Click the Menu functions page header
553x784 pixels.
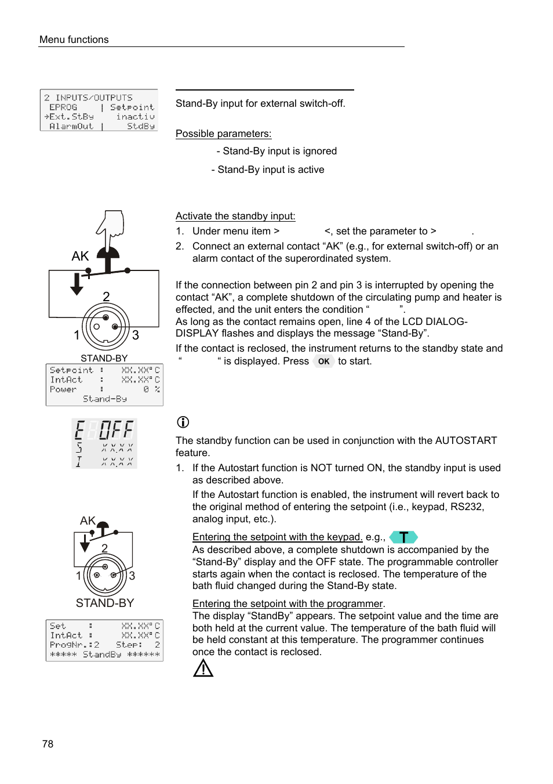pos(74,39)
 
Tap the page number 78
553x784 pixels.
pos(48,744)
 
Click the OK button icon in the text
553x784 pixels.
pos(323,362)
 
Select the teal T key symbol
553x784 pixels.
pos(403,537)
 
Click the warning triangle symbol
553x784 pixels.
pos(203,669)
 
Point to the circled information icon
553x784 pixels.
pos(183,422)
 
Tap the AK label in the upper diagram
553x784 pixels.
pos(80,256)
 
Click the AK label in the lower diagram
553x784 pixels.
pos(88,521)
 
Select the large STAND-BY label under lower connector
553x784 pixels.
pos(105,603)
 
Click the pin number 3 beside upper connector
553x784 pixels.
pos(136,335)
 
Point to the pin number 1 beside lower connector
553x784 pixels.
pos(79,576)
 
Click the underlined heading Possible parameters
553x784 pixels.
pos(223,133)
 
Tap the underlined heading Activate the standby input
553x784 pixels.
pos(235,216)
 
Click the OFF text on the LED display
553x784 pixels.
pos(116,430)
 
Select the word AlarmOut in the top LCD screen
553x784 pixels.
pos(71,126)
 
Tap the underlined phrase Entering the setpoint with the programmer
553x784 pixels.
pos(288,604)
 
